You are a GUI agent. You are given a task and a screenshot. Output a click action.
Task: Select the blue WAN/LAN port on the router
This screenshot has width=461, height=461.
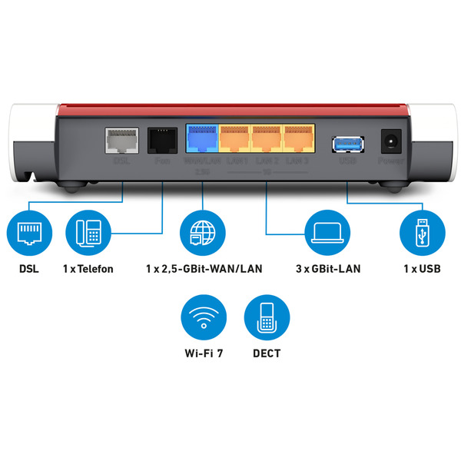[202, 139]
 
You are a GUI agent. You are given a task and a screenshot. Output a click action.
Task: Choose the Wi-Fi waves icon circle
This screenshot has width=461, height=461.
[201, 319]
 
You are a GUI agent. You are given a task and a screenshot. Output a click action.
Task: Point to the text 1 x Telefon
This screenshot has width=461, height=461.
[88, 269]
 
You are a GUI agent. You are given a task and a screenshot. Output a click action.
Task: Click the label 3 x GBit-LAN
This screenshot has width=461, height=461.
[328, 269]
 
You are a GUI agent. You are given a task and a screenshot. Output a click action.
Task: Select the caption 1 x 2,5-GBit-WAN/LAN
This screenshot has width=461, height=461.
[201, 269]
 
